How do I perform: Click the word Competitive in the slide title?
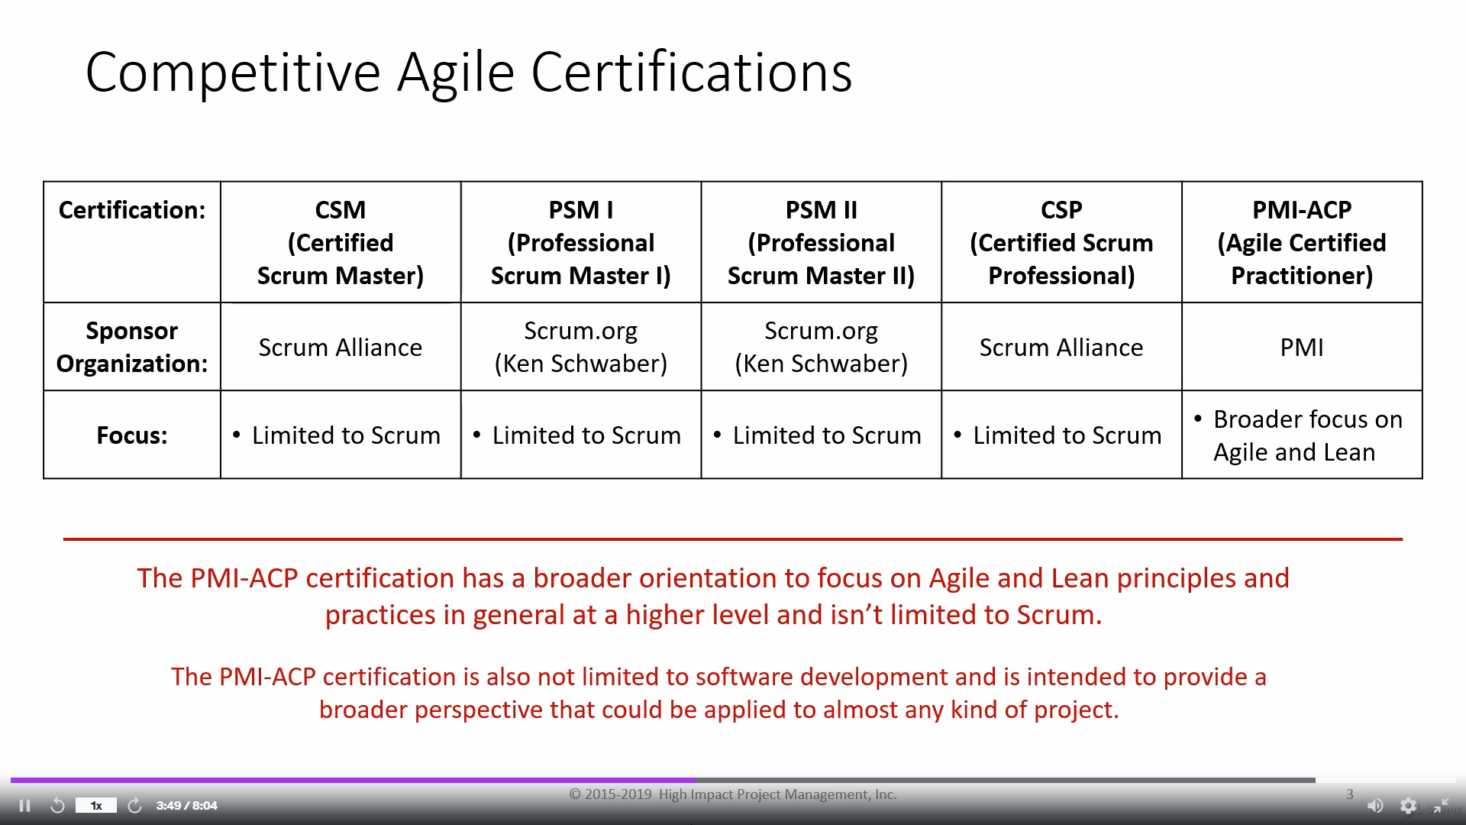(233, 73)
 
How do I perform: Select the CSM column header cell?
(341, 242)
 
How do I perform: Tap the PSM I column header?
(581, 242)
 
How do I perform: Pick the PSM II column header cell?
(822, 242)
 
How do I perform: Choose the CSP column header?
(1061, 242)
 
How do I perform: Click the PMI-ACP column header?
(1302, 242)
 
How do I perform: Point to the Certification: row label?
(132, 210)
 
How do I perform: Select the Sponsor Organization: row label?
(132, 347)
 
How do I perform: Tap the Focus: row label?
(132, 435)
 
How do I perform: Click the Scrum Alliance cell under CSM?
(341, 347)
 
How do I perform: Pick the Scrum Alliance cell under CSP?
(1061, 347)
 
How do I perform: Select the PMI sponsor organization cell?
(1302, 347)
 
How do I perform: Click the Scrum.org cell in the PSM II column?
(822, 347)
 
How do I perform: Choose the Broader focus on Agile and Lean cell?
(1302, 435)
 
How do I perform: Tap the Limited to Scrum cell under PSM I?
(581, 435)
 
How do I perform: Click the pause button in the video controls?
(24, 806)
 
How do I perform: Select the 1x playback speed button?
(96, 805)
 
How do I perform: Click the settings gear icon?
(1408, 806)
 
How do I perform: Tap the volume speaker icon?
(1375, 806)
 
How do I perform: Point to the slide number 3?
(1350, 794)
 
